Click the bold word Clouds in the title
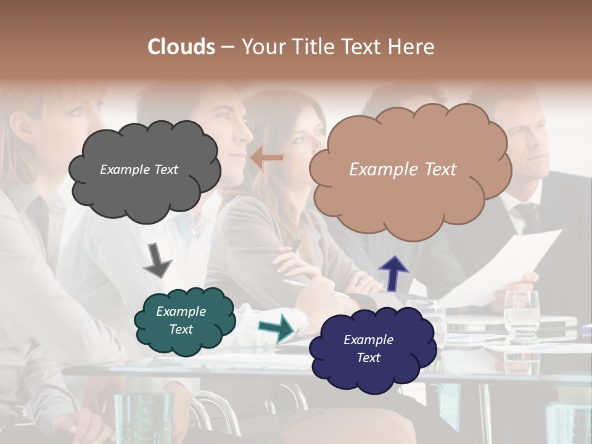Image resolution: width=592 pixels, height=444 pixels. click(181, 47)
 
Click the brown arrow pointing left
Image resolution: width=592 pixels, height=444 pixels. click(267, 158)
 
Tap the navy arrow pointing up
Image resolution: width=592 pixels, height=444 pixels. click(393, 273)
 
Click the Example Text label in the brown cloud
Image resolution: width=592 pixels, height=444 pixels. click(403, 170)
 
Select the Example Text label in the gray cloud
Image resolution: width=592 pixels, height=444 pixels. click(139, 170)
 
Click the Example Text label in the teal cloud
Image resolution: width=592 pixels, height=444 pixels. click(181, 321)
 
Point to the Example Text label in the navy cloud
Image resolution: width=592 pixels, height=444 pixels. click(368, 348)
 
